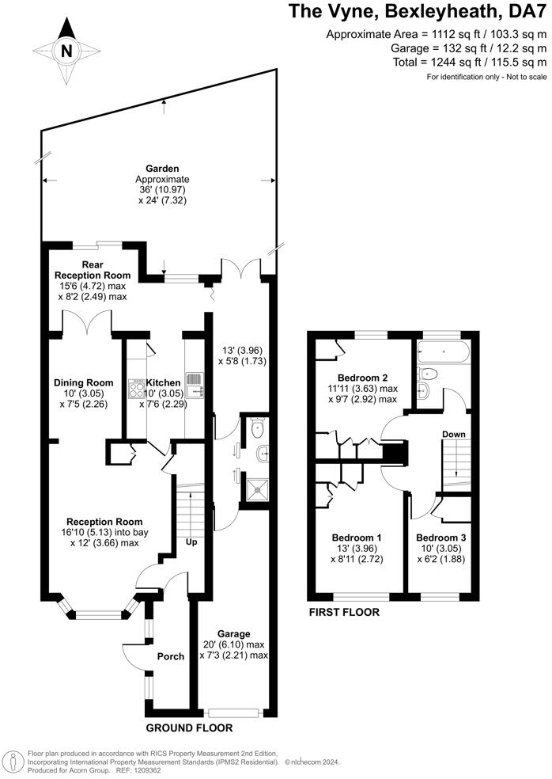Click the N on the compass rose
(x=66, y=51)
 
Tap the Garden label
(x=162, y=169)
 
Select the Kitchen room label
(x=164, y=383)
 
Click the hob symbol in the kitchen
(x=135, y=388)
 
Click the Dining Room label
(x=83, y=382)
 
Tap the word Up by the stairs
(x=191, y=541)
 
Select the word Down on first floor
(x=454, y=434)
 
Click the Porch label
(x=171, y=656)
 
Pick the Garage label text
(x=234, y=634)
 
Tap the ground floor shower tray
(x=257, y=489)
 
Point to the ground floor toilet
(x=258, y=427)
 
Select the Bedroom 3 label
(x=441, y=538)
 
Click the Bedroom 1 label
(x=357, y=538)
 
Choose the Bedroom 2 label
(x=362, y=378)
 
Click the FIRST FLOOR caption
(x=344, y=612)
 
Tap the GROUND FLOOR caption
(x=189, y=728)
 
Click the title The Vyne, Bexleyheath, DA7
(x=418, y=11)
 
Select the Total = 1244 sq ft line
(x=470, y=62)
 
